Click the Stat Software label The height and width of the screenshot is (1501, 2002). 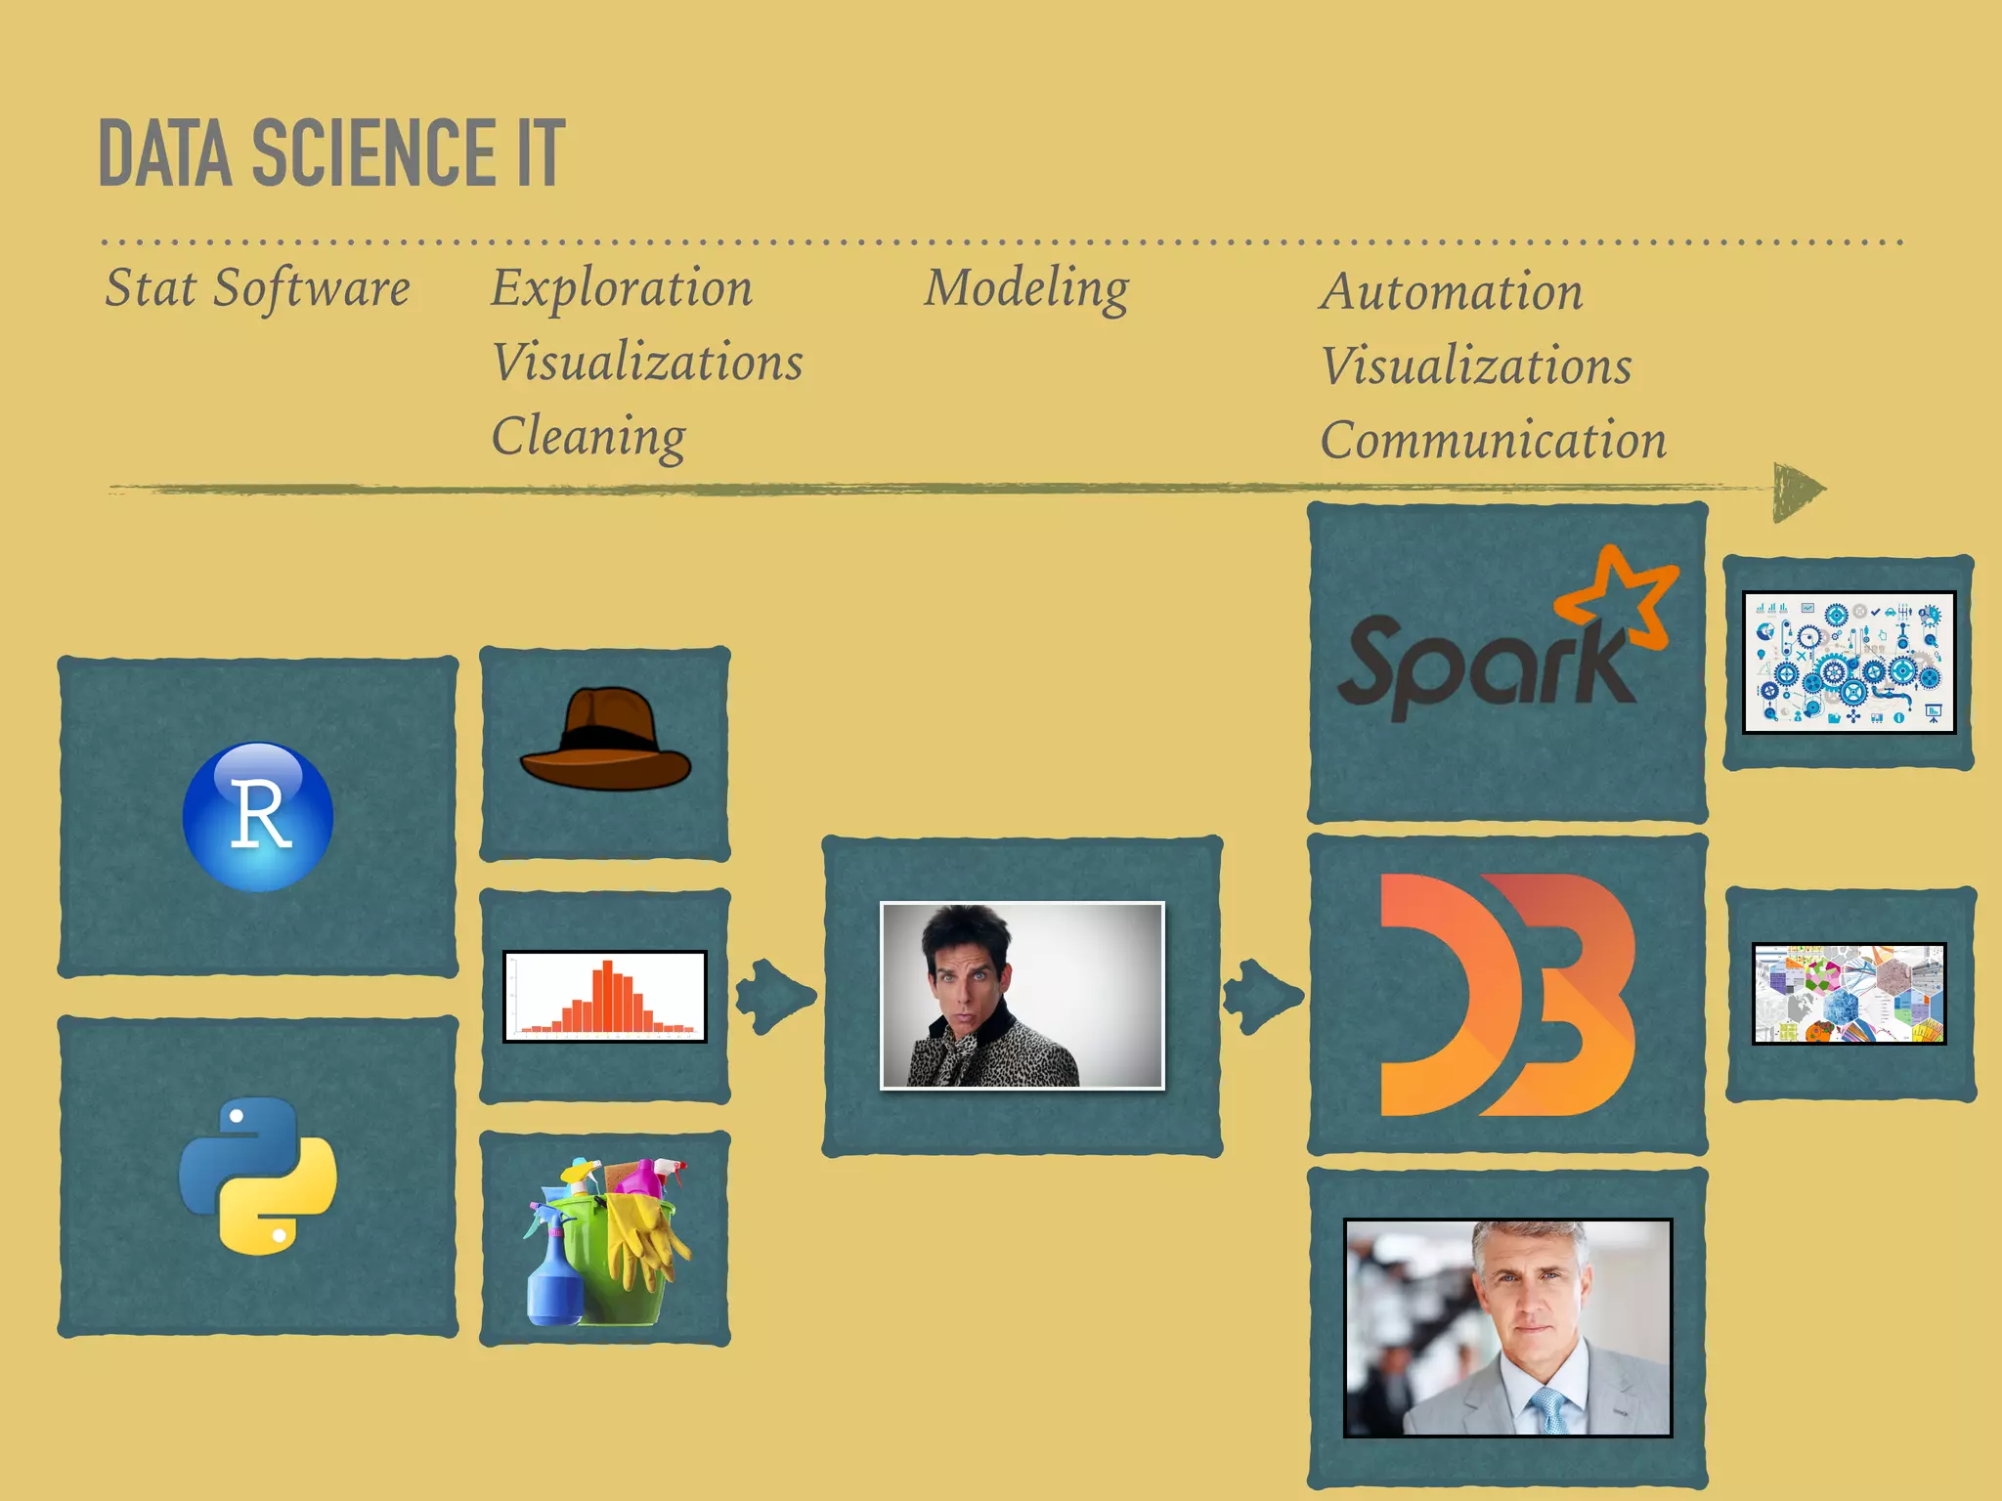(257, 287)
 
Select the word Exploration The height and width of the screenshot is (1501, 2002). (622, 287)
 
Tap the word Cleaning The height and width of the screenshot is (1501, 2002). (588, 436)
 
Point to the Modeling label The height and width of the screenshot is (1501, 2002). (1026, 287)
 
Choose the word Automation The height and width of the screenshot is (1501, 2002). (1452, 291)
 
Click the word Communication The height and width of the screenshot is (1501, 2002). (1493, 440)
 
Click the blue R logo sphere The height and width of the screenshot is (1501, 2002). (258, 817)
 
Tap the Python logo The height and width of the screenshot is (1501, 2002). (258, 1176)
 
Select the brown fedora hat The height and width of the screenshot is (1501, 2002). (606, 741)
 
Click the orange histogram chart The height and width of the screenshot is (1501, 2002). (605, 997)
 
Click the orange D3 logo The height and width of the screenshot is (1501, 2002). (1506, 995)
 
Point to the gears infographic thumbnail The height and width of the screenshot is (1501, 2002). (1849, 662)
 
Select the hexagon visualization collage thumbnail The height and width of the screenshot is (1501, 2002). (1849, 994)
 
